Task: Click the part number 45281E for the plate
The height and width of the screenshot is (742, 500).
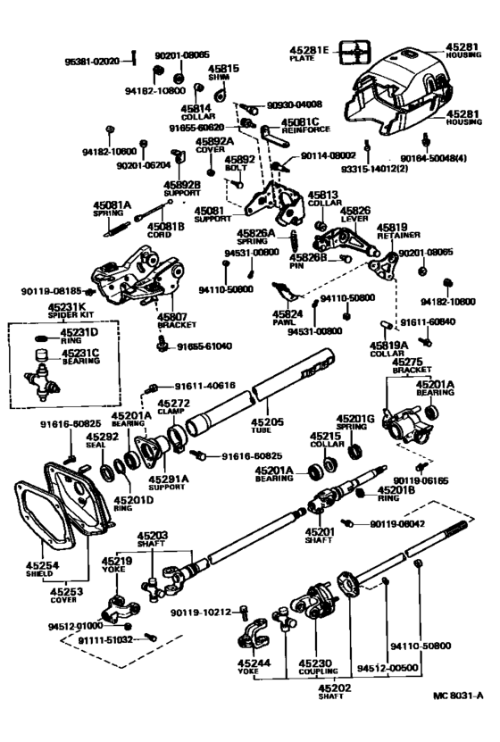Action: [310, 48]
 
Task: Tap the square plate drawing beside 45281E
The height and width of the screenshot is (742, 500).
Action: [355, 51]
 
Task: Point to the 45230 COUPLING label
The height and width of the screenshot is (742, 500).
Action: [318, 667]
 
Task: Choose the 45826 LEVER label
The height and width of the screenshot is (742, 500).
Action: [362, 215]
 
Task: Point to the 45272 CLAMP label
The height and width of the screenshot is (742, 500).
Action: [173, 408]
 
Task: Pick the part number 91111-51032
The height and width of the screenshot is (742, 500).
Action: [105, 639]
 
